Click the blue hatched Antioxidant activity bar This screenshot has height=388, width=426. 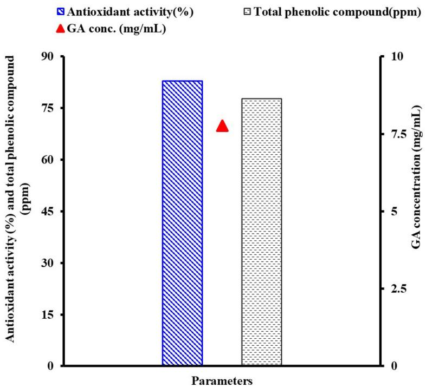point(182,223)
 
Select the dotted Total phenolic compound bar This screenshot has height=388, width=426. point(261,232)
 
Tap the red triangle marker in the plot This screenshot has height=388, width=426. point(222,126)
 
